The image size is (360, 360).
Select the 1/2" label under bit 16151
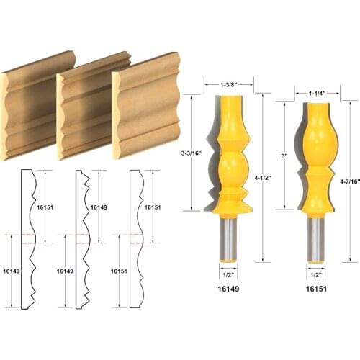pos(314,273)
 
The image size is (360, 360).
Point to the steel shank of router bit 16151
pos(315,238)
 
